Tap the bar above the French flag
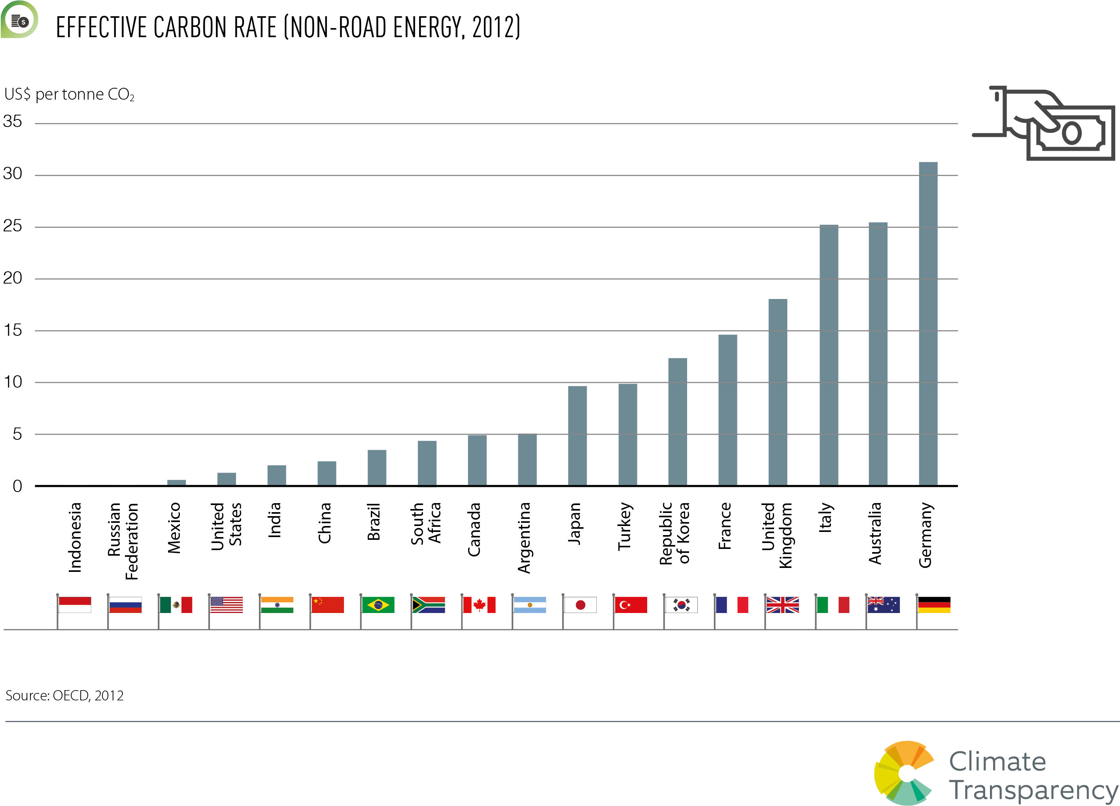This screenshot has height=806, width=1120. tap(727, 410)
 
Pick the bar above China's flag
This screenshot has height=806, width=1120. tap(327, 473)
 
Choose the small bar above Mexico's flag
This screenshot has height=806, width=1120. tap(176, 482)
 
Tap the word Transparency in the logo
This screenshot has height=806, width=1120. tap(1033, 790)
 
